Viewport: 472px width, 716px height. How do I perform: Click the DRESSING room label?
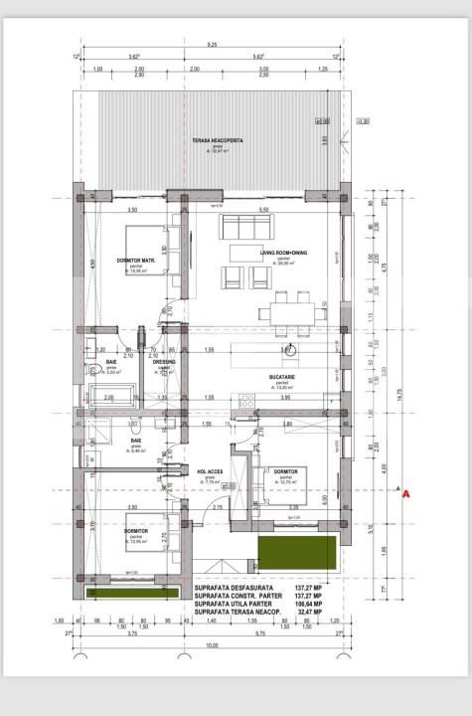point(165,362)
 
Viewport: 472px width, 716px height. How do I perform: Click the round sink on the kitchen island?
point(285,350)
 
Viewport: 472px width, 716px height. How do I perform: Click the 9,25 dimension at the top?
point(213,45)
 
